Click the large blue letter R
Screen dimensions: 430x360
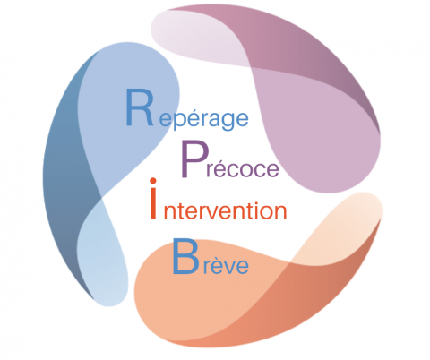coord(139,107)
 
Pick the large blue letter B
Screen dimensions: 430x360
coord(185,255)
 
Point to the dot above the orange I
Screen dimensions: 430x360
coord(153,181)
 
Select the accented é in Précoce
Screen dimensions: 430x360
coord(221,166)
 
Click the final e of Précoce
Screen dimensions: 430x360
coord(271,169)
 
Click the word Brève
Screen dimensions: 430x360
coord(211,256)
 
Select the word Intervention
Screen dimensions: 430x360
coord(218,199)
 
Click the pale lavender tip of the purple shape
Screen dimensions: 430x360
coord(191,36)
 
